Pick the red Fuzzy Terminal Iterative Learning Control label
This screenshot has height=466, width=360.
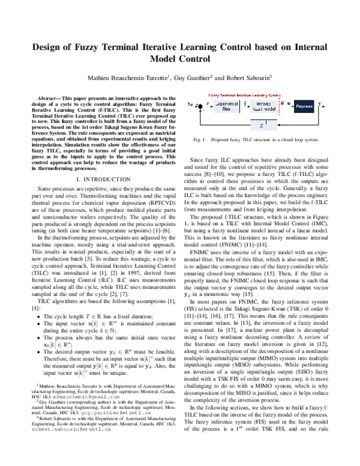point(244,95)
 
